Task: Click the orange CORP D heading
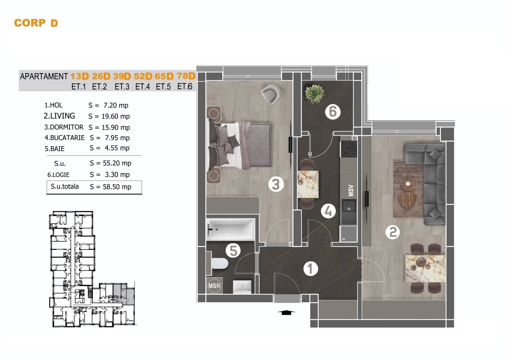tap(36, 23)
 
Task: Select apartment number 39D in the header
tap(122, 76)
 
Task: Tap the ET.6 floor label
tap(185, 86)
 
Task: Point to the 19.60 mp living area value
tap(115, 116)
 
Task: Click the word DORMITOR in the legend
tap(66, 127)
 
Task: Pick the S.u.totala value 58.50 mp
tap(117, 187)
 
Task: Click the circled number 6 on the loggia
tap(333, 112)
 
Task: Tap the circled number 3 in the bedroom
tap(276, 184)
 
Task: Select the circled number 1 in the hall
tap(310, 269)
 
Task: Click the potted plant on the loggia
tap(315, 94)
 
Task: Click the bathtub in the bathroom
tap(230, 229)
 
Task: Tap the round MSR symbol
tap(214, 286)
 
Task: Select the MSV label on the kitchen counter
tap(351, 191)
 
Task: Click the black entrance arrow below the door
tap(286, 313)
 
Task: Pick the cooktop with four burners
tap(349, 149)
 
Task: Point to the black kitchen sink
tap(349, 212)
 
